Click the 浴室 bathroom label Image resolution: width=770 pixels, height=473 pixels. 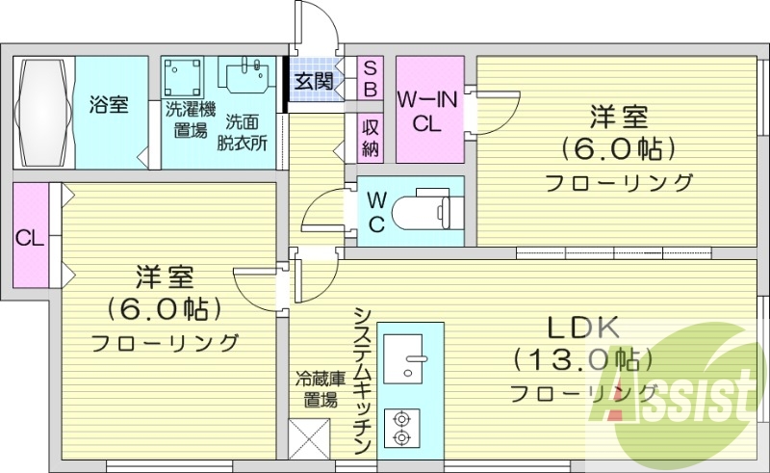pos(109,105)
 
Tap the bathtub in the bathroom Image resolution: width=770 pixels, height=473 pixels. pos(41,112)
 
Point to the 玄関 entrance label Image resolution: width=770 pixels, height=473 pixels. pos(314,81)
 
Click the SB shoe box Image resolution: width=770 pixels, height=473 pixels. pos(370,76)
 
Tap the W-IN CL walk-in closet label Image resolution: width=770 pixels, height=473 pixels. pos(426,110)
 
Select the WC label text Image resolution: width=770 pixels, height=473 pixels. pos(377,213)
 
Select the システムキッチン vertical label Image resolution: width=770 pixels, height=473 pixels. pos(363,381)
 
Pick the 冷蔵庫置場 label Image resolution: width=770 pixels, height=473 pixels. pos(315,390)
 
